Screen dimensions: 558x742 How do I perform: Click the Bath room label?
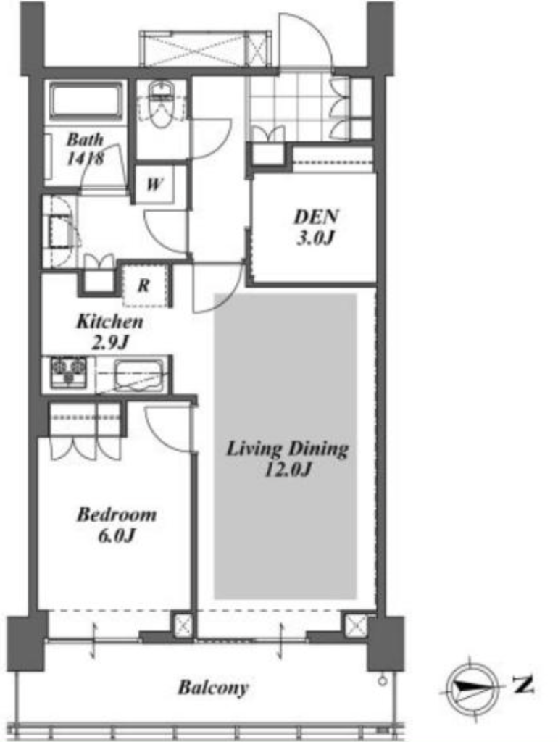tap(85, 139)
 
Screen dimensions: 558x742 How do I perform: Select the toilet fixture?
tap(161, 104)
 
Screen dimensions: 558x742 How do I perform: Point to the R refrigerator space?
tap(144, 285)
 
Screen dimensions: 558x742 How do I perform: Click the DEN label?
tap(316, 217)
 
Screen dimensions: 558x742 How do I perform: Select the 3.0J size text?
tap(316, 238)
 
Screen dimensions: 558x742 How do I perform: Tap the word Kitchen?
tap(110, 322)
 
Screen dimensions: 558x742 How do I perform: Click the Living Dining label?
tap(287, 449)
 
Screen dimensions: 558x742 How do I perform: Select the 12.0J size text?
tap(288, 470)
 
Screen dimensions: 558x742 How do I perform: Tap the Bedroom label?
tap(117, 514)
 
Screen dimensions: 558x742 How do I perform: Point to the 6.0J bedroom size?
tap(117, 535)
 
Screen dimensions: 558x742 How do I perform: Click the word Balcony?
tap(213, 688)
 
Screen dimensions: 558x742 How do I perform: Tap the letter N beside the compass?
tap(523, 684)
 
